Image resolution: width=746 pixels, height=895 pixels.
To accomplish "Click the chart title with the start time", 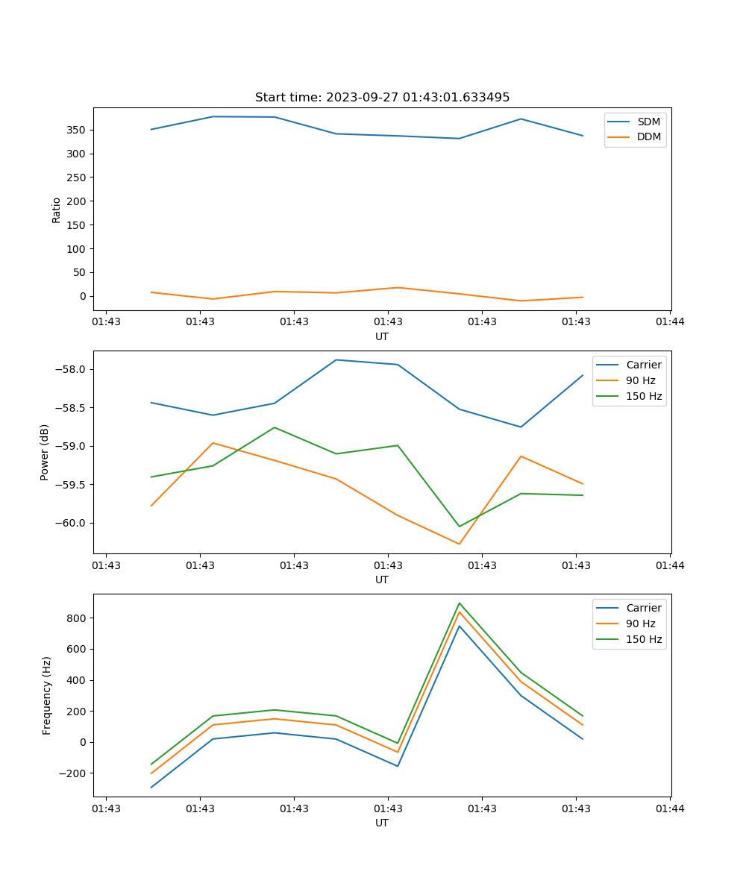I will point(382,98).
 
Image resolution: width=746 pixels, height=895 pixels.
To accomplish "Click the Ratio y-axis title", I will point(57,210).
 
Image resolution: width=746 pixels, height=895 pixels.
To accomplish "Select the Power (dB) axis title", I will point(45,452).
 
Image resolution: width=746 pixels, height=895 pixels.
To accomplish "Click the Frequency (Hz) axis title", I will point(47,695).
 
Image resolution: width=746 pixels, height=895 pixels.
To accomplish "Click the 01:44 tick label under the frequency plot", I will point(670,808).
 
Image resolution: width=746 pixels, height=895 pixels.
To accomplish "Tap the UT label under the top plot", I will point(382,336).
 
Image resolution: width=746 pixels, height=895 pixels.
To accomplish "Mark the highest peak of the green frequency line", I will point(460,603).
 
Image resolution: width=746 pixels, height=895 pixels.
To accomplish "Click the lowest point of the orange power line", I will point(460,544).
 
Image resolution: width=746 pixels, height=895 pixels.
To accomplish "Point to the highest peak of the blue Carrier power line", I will point(336,360).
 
